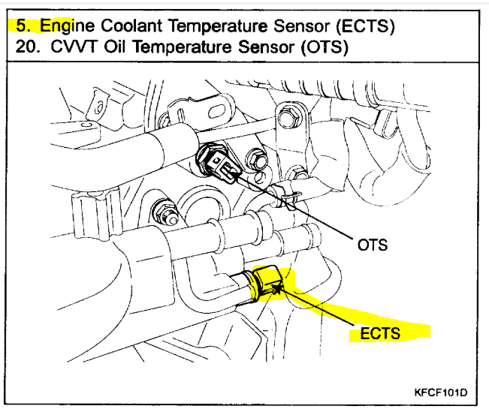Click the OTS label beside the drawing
[x=373, y=244]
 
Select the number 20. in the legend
[x=26, y=47]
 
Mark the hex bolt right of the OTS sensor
[x=258, y=160]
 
